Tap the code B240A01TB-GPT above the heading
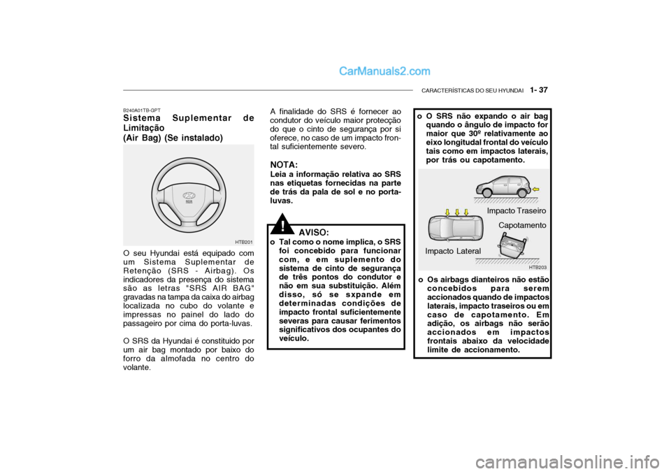tap(142, 110)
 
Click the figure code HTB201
tap(243, 242)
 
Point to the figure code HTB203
tap(537, 267)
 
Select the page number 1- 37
tap(539, 90)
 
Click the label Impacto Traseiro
tap(517, 210)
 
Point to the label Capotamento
tap(521, 225)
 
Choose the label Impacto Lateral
tap(452, 250)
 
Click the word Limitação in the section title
tap(143, 129)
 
